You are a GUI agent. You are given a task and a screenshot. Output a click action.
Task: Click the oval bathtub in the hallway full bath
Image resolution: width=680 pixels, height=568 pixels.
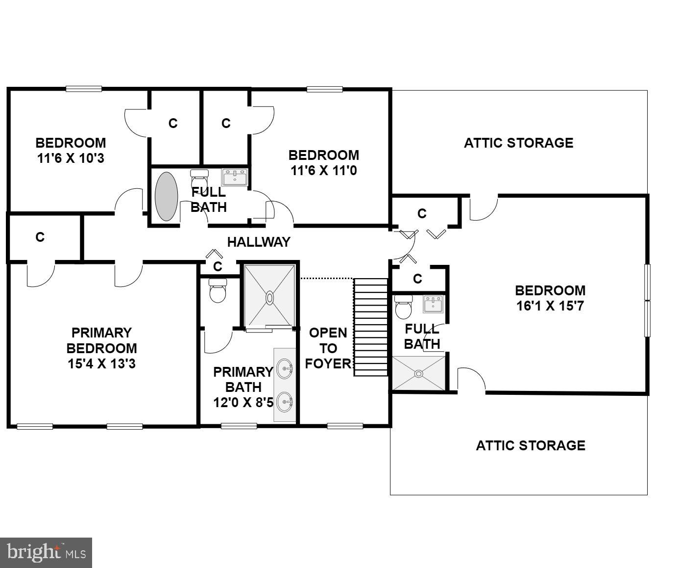[166, 196]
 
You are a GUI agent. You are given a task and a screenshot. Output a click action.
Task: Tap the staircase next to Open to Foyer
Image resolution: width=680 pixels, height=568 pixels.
[371, 327]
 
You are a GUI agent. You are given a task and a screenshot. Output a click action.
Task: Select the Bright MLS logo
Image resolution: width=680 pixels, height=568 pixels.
[46, 553]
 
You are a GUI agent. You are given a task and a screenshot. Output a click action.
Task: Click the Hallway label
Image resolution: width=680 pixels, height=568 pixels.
[259, 242]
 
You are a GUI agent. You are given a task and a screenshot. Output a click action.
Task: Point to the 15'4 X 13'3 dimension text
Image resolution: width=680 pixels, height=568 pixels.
[102, 364]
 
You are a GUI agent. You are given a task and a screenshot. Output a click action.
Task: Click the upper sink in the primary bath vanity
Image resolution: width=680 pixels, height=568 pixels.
[285, 366]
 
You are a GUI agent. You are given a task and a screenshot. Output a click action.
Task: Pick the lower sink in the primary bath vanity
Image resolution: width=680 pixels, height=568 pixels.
[285, 402]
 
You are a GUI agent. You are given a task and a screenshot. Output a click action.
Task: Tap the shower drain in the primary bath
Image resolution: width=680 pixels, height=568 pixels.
[270, 297]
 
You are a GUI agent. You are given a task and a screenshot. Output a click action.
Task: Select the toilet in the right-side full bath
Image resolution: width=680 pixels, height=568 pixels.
[403, 308]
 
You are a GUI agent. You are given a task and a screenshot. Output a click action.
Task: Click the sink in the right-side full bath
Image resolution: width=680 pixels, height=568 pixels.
[433, 304]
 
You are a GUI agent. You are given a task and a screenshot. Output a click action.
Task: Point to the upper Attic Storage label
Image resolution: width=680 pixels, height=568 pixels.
[518, 143]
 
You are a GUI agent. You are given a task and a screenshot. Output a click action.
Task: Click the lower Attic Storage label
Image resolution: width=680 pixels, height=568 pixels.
[531, 445]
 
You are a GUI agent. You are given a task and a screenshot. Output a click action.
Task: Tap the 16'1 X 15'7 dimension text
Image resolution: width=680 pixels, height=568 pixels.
[550, 306]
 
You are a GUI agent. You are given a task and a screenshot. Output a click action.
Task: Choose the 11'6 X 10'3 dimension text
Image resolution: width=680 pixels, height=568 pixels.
[71, 158]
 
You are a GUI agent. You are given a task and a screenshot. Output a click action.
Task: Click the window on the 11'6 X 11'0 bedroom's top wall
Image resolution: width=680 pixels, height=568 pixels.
[324, 89]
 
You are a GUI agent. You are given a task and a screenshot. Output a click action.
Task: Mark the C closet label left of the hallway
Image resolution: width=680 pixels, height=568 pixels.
[40, 237]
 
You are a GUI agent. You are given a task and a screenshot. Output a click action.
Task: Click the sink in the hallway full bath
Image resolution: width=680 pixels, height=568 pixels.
[235, 177]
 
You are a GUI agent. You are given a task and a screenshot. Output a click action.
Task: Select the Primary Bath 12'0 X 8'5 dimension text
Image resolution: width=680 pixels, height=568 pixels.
[243, 402]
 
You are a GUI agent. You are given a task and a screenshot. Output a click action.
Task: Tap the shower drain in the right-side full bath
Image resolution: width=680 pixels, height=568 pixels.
[418, 374]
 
